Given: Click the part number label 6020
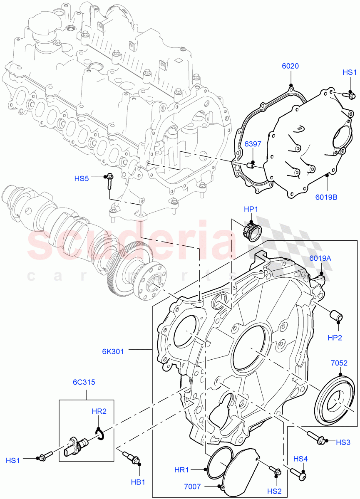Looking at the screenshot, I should pos(290,66).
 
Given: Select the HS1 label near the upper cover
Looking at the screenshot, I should pos(350,72).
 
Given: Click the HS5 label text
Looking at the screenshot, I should pos(82,179).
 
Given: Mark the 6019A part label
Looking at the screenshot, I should pos(320,258).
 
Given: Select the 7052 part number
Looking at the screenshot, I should pos(339,363).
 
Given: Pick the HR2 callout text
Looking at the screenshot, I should pos(99,411).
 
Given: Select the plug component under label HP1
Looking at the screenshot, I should pos(251,232).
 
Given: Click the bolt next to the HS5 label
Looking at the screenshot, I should pos(110,182).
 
